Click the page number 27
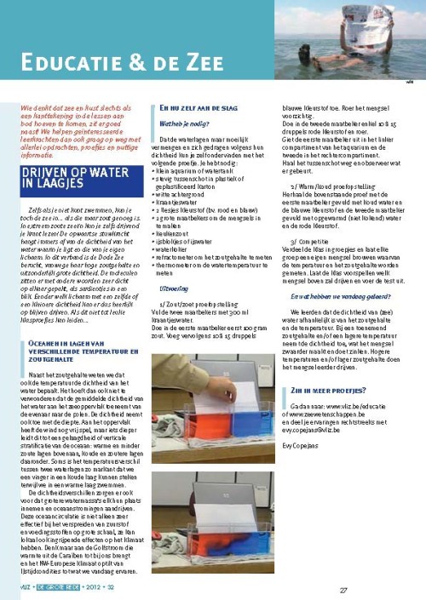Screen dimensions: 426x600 (x=343, y=591)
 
